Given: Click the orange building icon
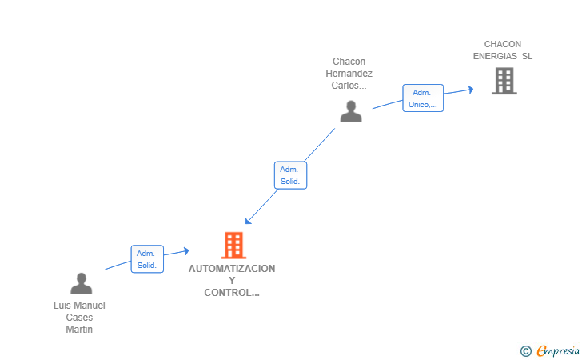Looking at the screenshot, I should click(x=233, y=245).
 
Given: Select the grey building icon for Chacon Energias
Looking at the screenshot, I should click(x=504, y=81).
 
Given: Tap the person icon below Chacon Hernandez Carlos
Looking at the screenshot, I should click(x=351, y=112).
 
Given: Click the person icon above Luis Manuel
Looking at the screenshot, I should click(x=81, y=283).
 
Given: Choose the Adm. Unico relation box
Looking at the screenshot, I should click(x=423, y=98).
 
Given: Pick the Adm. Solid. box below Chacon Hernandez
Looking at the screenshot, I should click(x=290, y=175).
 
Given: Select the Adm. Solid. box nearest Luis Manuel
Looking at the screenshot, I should click(x=147, y=259).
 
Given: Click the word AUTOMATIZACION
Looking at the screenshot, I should click(x=232, y=269).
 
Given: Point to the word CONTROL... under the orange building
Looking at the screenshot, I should click(x=232, y=293).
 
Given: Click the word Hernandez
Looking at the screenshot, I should click(x=349, y=74).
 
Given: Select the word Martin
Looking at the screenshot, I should click(x=79, y=330).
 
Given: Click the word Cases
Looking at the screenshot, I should click(x=79, y=318).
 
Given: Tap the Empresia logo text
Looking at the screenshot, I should click(x=558, y=350).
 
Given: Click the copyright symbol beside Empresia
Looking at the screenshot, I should click(x=525, y=350).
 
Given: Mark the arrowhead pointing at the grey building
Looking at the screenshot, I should click(x=470, y=90).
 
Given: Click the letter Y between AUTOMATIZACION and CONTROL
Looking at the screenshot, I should click(x=232, y=281).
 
